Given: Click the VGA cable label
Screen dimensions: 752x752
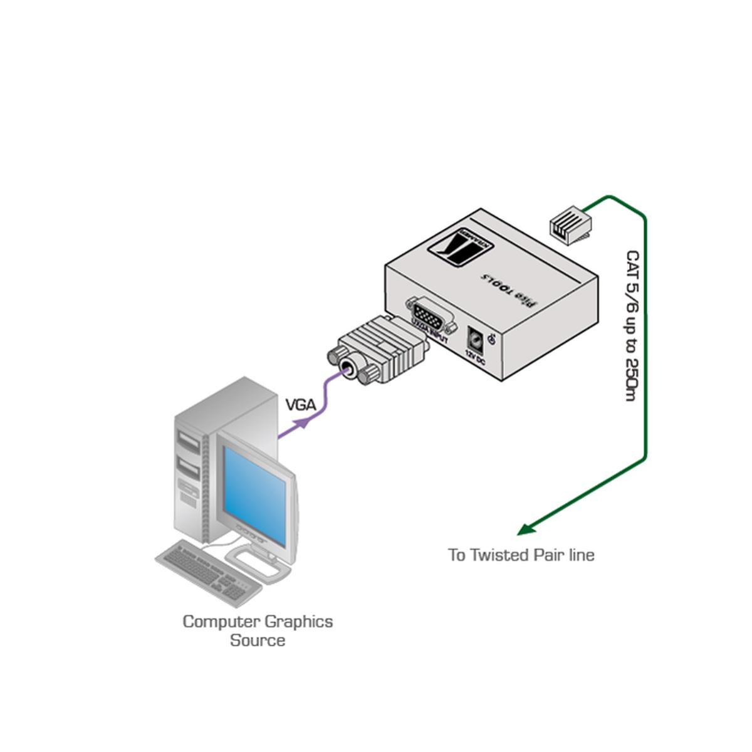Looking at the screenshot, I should (300, 405).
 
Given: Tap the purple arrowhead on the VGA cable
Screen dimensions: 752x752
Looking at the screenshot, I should (303, 423).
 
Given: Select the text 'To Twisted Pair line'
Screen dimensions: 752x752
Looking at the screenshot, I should (521, 555).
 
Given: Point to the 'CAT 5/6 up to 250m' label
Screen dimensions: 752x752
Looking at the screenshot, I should (632, 326).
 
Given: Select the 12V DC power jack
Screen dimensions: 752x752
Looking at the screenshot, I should (475, 342).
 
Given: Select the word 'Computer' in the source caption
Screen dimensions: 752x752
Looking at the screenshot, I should (221, 622).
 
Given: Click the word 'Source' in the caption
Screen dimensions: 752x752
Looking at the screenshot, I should (258, 640).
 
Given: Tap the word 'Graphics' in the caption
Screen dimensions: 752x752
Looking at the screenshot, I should (298, 622).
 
